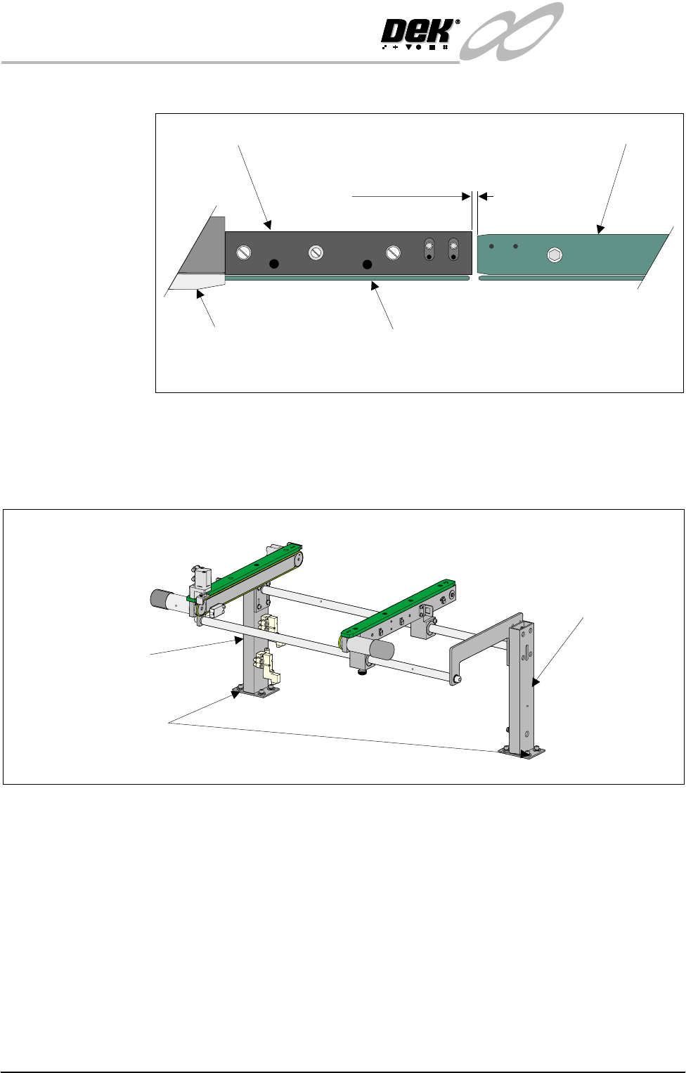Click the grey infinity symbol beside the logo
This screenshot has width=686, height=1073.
511,32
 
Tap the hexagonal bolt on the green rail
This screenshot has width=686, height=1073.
555,255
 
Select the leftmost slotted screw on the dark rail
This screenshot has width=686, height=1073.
244,252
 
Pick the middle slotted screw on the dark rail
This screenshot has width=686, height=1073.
316,252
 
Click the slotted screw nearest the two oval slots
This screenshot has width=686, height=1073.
393,252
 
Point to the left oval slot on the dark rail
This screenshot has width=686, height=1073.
429,250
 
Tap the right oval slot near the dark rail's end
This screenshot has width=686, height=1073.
453,250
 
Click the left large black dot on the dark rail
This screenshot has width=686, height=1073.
274,264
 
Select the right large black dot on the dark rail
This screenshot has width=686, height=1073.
367,264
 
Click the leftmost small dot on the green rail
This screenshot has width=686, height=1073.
491,247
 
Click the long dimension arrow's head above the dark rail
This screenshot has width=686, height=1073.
466,196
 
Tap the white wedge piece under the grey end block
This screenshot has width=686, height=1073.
198,282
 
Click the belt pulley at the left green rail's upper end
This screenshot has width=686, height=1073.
298,559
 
